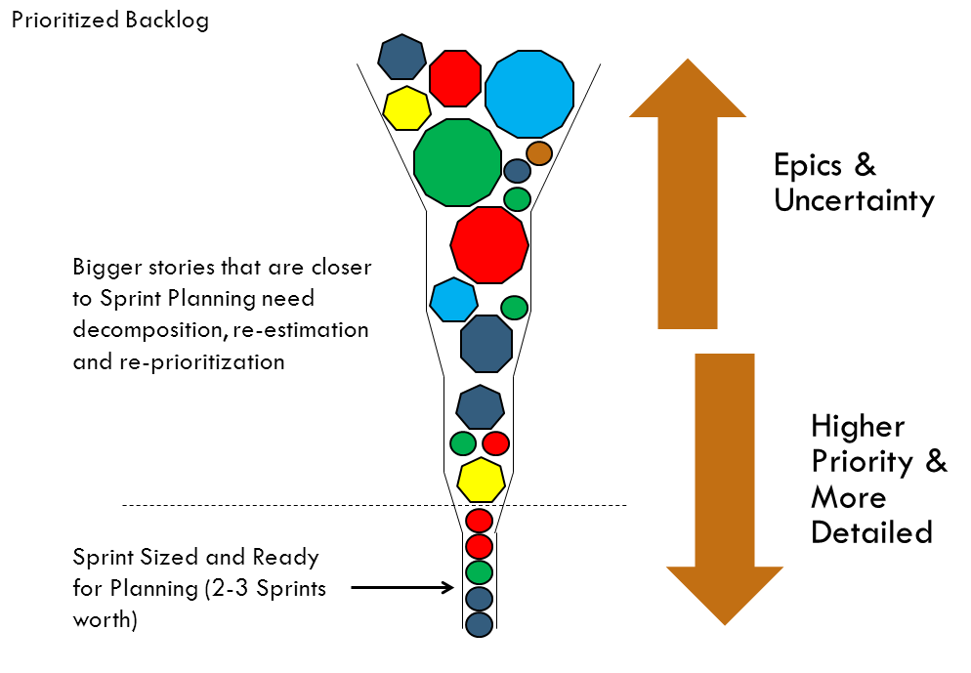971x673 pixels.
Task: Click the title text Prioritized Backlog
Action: [109, 21]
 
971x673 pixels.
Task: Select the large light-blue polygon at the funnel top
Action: [528, 95]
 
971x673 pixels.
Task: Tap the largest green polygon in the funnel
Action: [457, 162]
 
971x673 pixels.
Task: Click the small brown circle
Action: [539, 153]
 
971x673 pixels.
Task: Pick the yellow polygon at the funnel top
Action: [406, 108]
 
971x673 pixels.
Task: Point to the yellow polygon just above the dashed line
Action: [481, 480]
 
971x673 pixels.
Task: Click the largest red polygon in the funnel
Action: [489, 244]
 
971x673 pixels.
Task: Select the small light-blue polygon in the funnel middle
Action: [453, 300]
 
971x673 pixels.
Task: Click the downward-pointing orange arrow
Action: [724, 479]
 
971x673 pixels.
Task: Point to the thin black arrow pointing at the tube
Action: [401, 588]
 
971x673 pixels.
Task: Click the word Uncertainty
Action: [854, 200]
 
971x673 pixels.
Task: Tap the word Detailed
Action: [871, 532]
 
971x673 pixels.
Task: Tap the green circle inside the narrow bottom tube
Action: [478, 571]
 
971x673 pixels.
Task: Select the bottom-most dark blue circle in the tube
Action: [478, 624]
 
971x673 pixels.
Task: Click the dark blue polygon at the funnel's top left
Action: [402, 58]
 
